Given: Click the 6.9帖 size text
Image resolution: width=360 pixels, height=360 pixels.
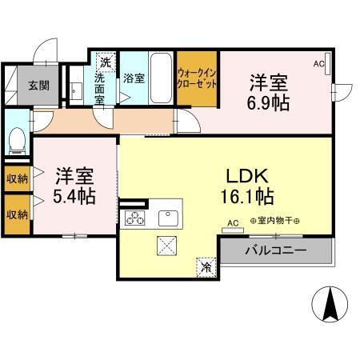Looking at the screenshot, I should point(269,102).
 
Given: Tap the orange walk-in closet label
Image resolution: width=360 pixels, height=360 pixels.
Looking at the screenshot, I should point(197,78).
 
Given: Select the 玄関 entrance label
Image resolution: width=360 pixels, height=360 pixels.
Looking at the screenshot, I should point(39,84).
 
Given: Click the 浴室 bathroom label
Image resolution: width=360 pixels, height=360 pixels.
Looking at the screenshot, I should point(134,78).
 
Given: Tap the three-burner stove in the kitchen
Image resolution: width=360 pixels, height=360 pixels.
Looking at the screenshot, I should point(133,218).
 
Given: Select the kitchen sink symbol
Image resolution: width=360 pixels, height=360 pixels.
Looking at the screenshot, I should point(169,218).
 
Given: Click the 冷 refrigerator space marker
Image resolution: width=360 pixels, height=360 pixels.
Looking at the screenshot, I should point(206,266).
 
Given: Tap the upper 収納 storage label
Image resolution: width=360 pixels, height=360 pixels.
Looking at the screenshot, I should point(17,178).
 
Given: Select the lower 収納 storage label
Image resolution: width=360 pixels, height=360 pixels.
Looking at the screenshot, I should point(17,214).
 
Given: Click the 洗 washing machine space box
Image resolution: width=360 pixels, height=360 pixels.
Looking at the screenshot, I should point(105,60).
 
